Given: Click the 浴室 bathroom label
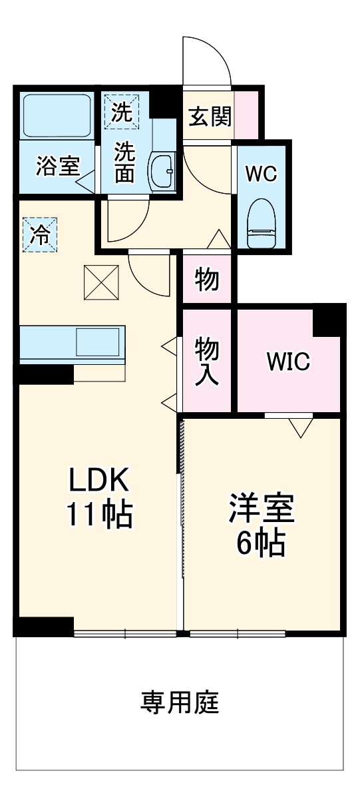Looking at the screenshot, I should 58,166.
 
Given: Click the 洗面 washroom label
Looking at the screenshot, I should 124,162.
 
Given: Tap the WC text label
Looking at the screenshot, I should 261,174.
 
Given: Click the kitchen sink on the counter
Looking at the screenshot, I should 96,342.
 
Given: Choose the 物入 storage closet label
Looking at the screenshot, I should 206,360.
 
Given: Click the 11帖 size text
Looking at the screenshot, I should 99,515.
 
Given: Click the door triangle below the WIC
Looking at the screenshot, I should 300,427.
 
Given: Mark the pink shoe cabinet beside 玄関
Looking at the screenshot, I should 246,113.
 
